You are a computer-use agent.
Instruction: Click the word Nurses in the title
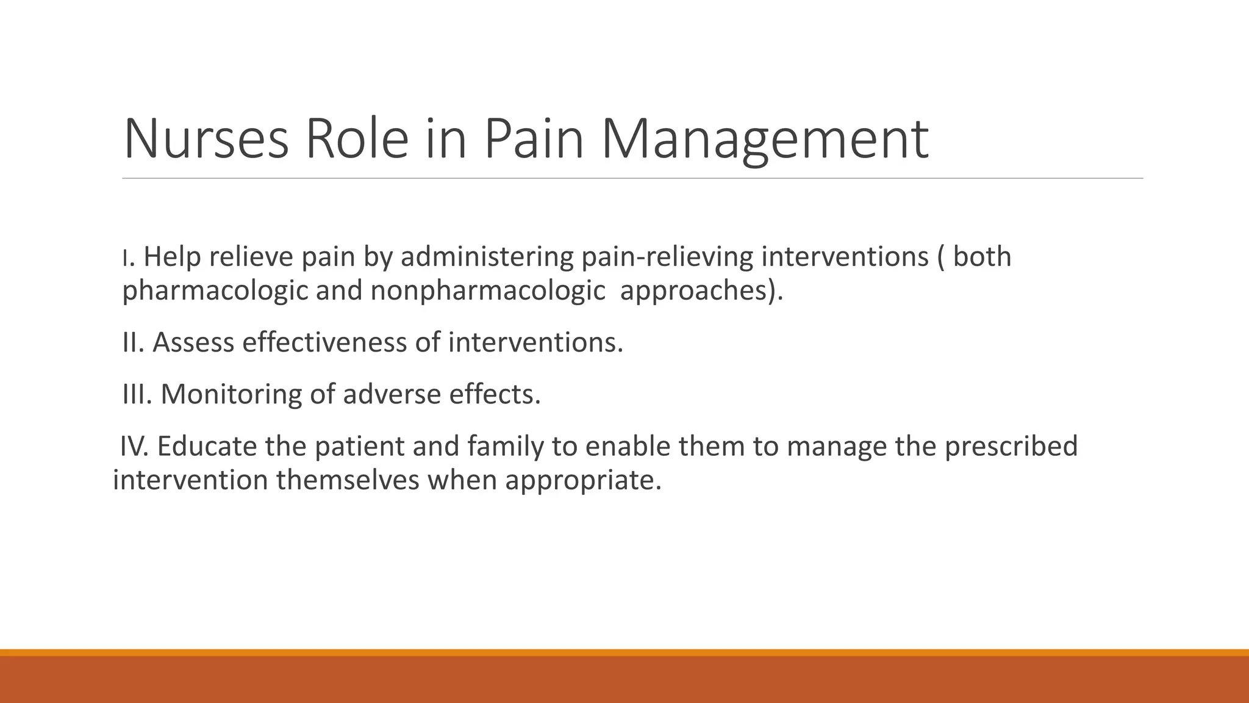[206, 139]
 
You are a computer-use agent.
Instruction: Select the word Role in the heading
[356, 139]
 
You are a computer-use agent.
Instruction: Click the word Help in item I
[172, 256]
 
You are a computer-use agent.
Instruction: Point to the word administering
[487, 256]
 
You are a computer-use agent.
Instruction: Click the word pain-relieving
[667, 256]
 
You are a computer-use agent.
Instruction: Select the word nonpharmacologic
[487, 290]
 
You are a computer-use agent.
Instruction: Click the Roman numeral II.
[132, 342]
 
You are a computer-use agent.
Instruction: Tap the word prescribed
[1011, 446]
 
